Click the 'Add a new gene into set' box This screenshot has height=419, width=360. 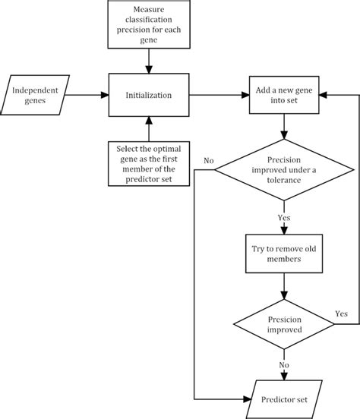pos(283,96)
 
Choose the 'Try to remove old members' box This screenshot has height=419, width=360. pos(283,254)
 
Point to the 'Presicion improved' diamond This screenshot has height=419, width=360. pos(283,324)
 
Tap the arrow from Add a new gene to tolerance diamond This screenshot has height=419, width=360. pos(283,127)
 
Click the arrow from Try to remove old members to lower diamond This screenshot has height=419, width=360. pos(283,285)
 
